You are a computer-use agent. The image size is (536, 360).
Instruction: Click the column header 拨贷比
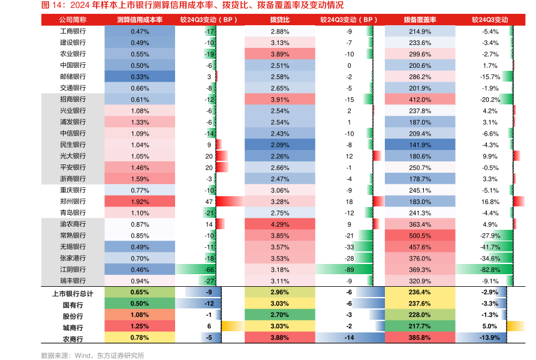click(279, 19)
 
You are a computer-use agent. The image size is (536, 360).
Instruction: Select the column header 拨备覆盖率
click(420, 19)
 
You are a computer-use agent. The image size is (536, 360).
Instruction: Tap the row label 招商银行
click(73, 99)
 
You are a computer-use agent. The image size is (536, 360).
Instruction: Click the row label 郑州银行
click(73, 201)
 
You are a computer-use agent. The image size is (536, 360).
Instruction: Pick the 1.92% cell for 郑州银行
click(140, 201)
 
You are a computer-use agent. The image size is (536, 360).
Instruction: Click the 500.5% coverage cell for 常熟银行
click(420, 235)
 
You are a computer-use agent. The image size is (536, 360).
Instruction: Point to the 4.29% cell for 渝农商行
click(279, 224)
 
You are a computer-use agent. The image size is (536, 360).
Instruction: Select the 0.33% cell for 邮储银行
click(140, 76)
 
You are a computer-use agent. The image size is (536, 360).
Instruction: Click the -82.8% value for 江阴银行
click(490, 269)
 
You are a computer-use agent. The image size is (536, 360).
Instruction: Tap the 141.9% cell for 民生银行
click(420, 145)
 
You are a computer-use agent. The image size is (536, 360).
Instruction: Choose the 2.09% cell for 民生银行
click(279, 145)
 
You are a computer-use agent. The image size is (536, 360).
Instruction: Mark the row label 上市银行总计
click(73, 292)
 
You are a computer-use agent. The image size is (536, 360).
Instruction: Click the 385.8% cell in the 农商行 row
click(420, 338)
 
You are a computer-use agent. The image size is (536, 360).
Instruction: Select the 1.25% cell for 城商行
click(140, 326)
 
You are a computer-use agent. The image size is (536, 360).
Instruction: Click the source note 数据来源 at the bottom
click(92, 355)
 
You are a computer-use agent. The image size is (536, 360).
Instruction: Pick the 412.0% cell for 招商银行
click(420, 99)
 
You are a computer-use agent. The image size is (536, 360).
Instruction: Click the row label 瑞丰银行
click(73, 281)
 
